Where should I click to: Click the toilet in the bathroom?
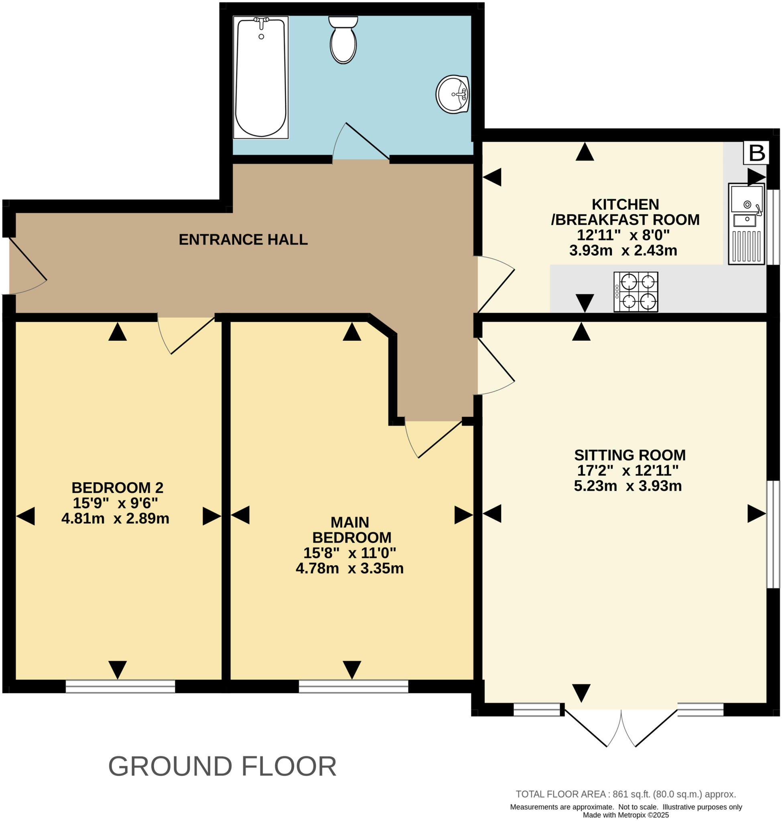pos(343,41)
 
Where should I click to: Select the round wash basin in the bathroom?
pos(453,94)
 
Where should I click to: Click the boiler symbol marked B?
pos(757,152)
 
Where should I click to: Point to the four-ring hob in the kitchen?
pos(636,291)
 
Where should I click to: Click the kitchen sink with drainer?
pos(747,224)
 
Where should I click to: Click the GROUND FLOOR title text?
pos(222,766)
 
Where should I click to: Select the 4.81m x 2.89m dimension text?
pos(116,519)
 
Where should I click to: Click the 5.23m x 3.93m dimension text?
pos(628,486)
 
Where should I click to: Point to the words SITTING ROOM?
pos(630,455)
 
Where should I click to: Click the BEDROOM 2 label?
pos(118,487)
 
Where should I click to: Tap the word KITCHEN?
pos(625,204)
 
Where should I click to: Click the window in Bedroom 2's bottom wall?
pos(120,686)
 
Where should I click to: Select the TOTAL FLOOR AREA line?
pos(626,794)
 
